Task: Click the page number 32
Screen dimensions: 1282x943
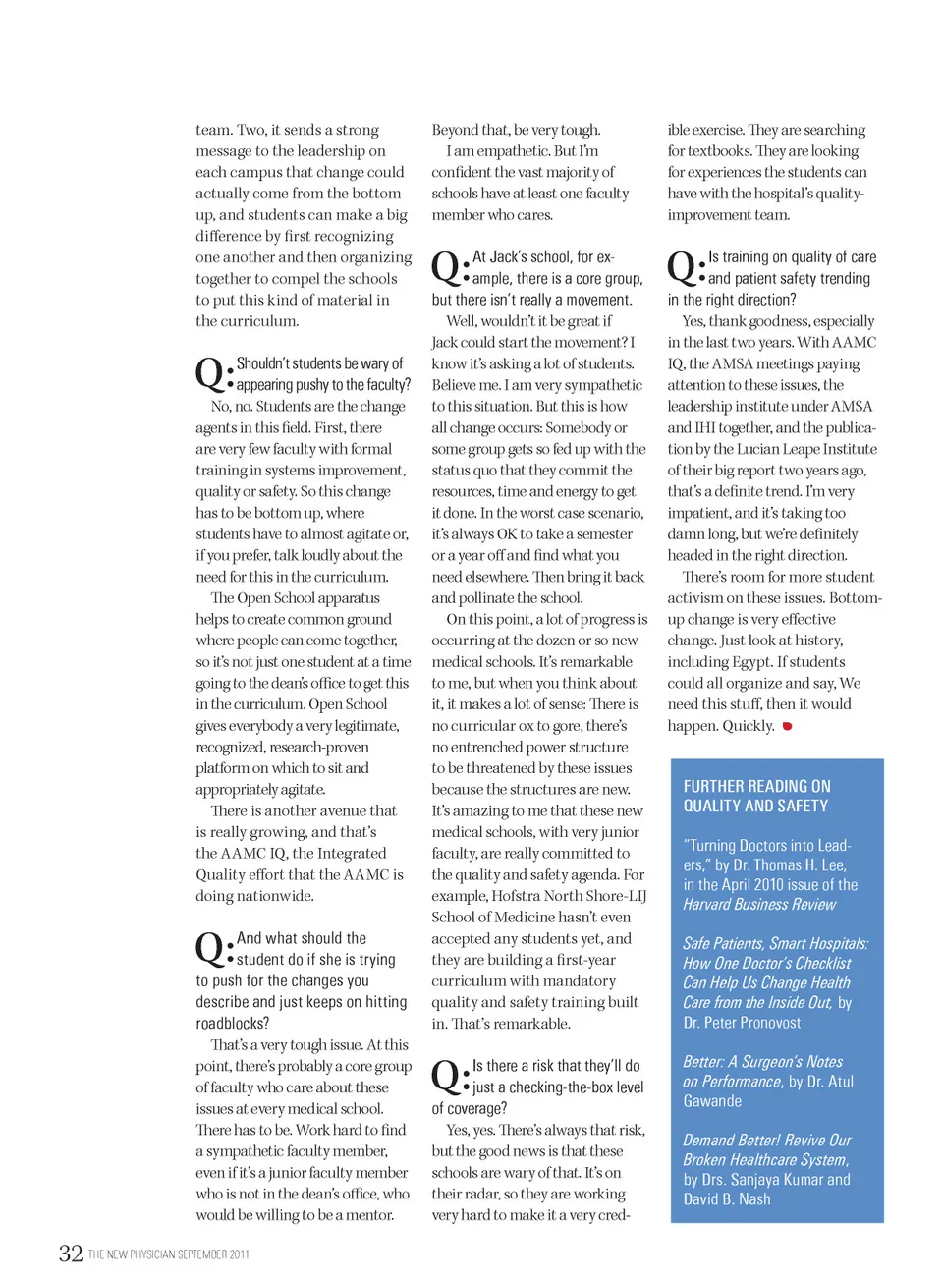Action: (x=71, y=1253)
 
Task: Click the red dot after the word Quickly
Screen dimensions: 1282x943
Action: (x=787, y=726)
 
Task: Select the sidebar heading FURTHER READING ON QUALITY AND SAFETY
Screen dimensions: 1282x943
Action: (x=756, y=796)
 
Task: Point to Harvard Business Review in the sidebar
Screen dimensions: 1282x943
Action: (x=759, y=904)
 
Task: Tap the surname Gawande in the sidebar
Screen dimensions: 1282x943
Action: (x=712, y=1101)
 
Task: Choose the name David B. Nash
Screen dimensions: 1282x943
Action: (x=727, y=1199)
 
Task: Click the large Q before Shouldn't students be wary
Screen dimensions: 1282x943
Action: (x=210, y=373)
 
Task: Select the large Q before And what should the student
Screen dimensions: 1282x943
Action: (x=210, y=948)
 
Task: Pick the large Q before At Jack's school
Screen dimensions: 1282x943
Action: (x=446, y=266)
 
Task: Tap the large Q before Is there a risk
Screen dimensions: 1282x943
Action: (x=446, y=1076)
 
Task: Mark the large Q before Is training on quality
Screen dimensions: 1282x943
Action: (x=682, y=266)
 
